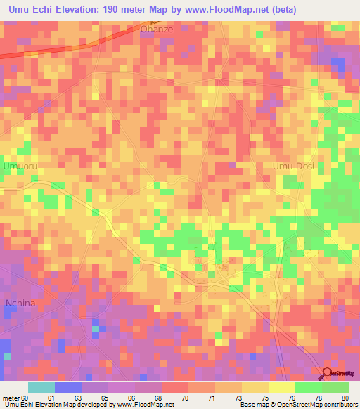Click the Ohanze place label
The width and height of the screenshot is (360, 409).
pyautogui.click(x=155, y=30)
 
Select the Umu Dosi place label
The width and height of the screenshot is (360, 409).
pyautogui.click(x=293, y=166)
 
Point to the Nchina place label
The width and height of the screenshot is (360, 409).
pyautogui.click(x=20, y=304)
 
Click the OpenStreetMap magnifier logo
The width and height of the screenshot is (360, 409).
pyautogui.click(x=327, y=374)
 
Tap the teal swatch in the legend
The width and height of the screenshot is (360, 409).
pyautogui.click(x=41, y=387)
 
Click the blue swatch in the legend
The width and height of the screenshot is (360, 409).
pyautogui.click(x=68, y=387)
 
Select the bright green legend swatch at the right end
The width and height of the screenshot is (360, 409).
pyautogui.click(x=335, y=387)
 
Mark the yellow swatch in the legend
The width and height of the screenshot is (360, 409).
pyautogui.click(x=282, y=387)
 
